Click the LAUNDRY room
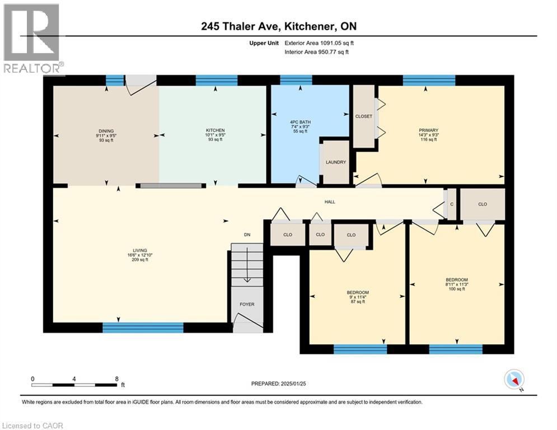tap(336, 162)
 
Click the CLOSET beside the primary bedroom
tap(363, 116)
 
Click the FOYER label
tap(247, 305)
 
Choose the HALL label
tap(330, 202)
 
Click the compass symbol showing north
tap(513, 380)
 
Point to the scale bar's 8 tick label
tap(116, 378)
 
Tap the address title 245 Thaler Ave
tap(278, 26)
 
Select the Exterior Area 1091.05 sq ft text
tap(319, 43)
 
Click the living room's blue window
tap(143, 328)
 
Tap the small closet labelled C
tap(452, 204)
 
